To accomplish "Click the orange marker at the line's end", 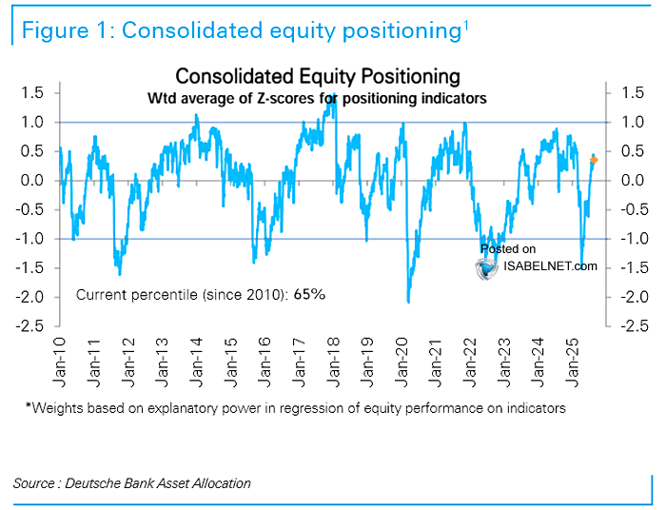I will (x=595, y=160).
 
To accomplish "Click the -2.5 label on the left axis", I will (x=31, y=325).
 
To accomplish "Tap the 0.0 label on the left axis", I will (x=34, y=180).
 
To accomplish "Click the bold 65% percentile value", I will (x=310, y=295).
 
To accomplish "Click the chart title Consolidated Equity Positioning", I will (x=318, y=76).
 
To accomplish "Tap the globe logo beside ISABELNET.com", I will (x=488, y=267).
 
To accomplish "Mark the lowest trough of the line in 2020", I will (x=408, y=302).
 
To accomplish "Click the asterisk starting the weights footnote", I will (x=29, y=407).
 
